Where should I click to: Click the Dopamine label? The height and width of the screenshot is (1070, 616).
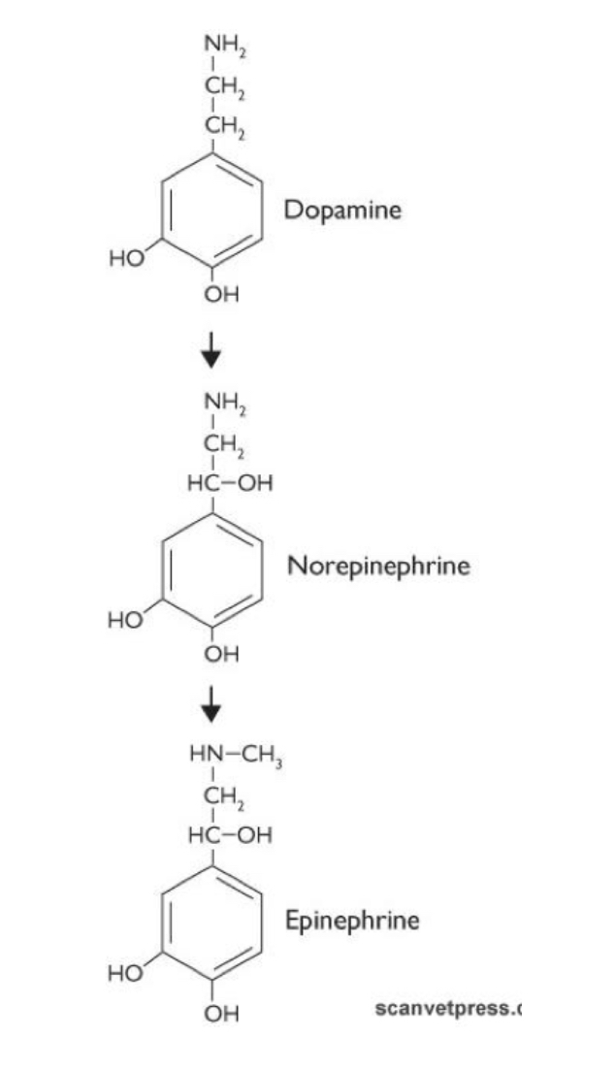341,210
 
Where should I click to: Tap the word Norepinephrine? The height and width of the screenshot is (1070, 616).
378,566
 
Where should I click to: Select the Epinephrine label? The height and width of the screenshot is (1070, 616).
352,920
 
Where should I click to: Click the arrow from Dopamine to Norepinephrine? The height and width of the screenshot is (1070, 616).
211,351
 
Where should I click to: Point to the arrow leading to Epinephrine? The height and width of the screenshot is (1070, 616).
211,706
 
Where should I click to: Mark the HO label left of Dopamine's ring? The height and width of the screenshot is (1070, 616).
126,259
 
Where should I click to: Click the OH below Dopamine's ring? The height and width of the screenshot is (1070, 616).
221,295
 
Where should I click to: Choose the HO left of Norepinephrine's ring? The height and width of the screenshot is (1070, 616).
126,615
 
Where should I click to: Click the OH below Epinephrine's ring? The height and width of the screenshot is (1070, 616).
221,1013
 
